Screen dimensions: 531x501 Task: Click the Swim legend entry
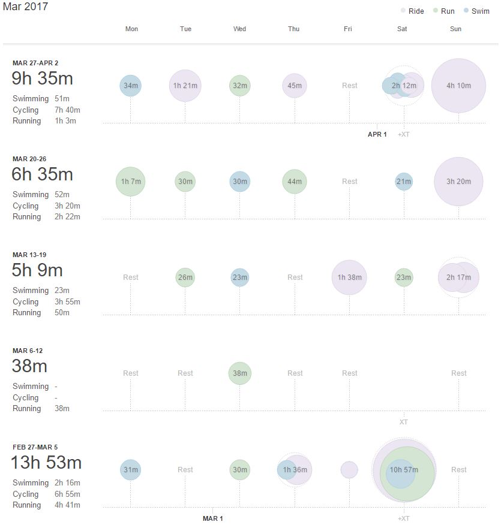coord(476,11)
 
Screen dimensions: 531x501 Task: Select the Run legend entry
coord(444,11)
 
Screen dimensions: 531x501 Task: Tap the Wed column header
coord(239,29)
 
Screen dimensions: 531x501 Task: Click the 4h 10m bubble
coord(458,86)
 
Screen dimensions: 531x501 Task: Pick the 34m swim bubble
coord(130,86)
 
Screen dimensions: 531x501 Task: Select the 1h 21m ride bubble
coord(185,86)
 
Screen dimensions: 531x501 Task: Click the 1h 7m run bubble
coord(130,182)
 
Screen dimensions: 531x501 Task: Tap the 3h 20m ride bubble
coord(458,182)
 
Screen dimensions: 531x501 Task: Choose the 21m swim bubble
coord(404,182)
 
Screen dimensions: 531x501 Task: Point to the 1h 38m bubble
coord(349,277)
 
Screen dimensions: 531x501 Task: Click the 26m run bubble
coord(185,277)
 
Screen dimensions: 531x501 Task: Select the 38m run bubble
coord(239,373)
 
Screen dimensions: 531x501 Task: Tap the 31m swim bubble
coord(130,470)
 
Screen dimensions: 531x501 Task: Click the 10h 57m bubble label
coord(404,470)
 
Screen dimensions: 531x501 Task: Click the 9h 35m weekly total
coord(42,79)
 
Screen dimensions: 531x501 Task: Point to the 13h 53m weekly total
coord(46,463)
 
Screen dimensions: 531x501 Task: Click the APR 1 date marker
coord(377,134)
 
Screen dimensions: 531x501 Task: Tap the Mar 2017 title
coord(25,7)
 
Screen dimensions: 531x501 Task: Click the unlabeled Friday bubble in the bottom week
coord(349,470)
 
